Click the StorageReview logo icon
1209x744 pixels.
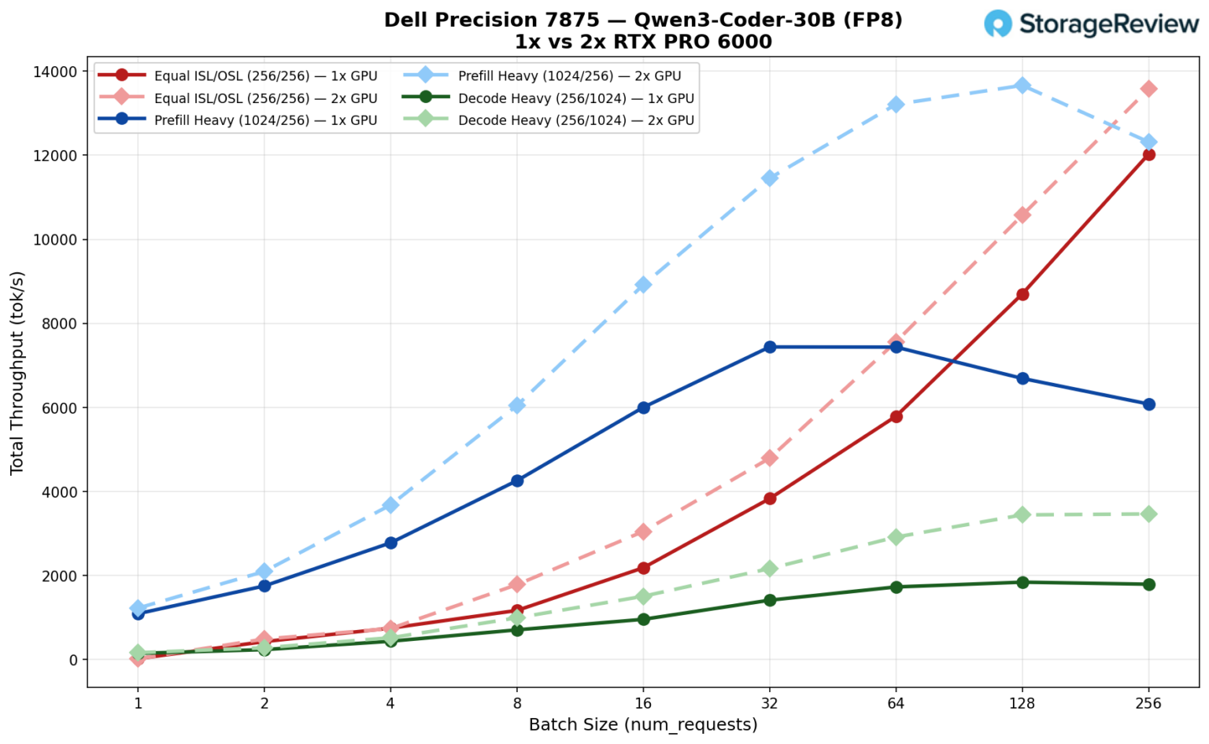pos(999,24)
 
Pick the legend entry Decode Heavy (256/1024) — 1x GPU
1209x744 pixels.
pos(575,98)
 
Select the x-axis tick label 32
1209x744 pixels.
pos(770,703)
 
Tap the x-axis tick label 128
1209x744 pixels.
pos(1022,703)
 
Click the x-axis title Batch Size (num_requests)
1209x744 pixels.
pos(643,725)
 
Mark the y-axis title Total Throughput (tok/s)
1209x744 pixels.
pos(17,373)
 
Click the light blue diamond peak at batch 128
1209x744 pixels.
pos(1022,85)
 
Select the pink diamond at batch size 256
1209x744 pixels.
pos(1148,89)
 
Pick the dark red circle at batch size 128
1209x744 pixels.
pos(1022,294)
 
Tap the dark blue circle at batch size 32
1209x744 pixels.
pos(770,347)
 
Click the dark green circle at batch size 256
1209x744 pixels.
pos(1148,584)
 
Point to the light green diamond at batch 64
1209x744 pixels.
pos(896,537)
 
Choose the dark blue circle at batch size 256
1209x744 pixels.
pos(1148,404)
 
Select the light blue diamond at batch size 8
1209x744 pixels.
pos(517,405)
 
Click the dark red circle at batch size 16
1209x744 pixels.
pos(643,568)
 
